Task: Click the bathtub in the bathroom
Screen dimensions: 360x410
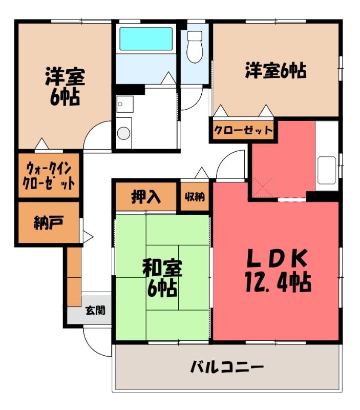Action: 146,39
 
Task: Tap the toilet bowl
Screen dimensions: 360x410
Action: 195,47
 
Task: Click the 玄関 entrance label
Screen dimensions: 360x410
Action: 96,310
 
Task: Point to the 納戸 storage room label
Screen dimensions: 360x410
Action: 48,223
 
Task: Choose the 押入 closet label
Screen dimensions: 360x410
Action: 145,197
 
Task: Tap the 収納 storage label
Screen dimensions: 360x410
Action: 195,197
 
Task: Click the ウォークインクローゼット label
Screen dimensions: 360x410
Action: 49,174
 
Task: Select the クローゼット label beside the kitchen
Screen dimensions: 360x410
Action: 243,130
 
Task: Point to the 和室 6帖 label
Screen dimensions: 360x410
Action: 162,279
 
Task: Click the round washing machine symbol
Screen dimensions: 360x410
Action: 123,133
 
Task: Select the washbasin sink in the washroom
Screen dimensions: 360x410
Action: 125,104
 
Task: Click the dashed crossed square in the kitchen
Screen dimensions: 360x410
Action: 263,187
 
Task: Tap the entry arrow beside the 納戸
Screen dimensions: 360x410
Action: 88,237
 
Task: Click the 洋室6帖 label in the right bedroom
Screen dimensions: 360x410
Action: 276,71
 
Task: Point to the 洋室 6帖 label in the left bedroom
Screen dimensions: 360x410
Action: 65,86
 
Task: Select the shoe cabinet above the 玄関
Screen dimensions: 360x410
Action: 74,277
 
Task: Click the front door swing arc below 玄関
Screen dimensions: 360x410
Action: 92,346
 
